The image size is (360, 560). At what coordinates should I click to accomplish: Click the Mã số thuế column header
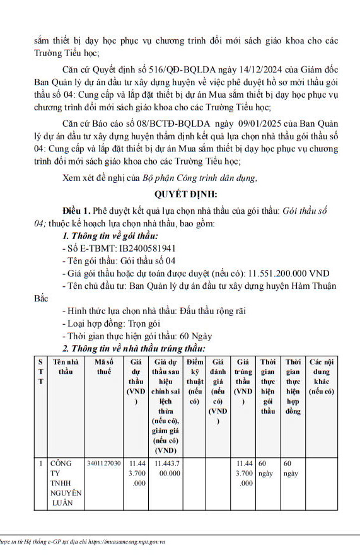(103, 366)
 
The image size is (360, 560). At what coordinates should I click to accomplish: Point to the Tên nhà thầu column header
(66, 366)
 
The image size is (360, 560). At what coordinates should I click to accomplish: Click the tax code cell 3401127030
(103, 463)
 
